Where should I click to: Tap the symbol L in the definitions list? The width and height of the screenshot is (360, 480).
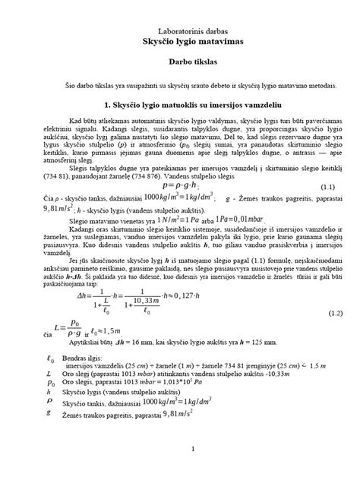pyautogui.click(x=49, y=395)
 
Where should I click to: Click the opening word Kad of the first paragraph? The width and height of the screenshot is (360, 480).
pyautogui.click(x=76, y=122)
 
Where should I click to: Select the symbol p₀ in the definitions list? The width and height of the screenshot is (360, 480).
pyautogui.click(x=49, y=404)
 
